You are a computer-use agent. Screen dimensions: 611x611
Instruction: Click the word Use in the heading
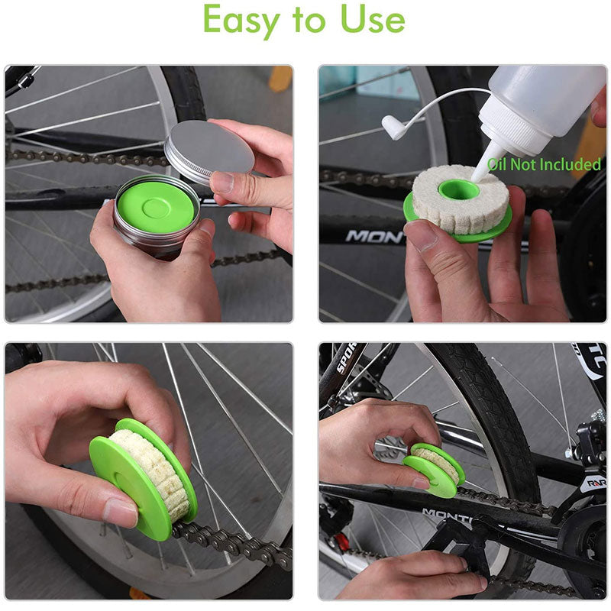coord(373,21)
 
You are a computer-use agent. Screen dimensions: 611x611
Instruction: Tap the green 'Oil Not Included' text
coord(545,164)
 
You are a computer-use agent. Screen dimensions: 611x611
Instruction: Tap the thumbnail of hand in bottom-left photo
coord(121,513)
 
